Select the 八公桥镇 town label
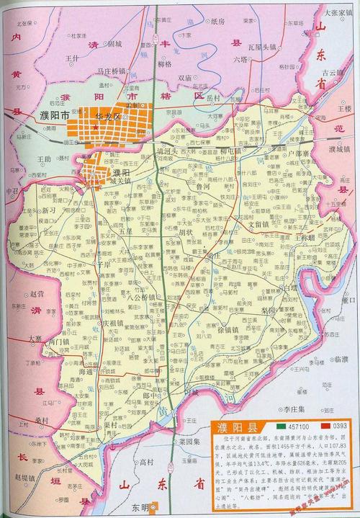pyautogui.click(x=140, y=296)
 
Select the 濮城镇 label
pyautogui.click(x=337, y=150)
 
